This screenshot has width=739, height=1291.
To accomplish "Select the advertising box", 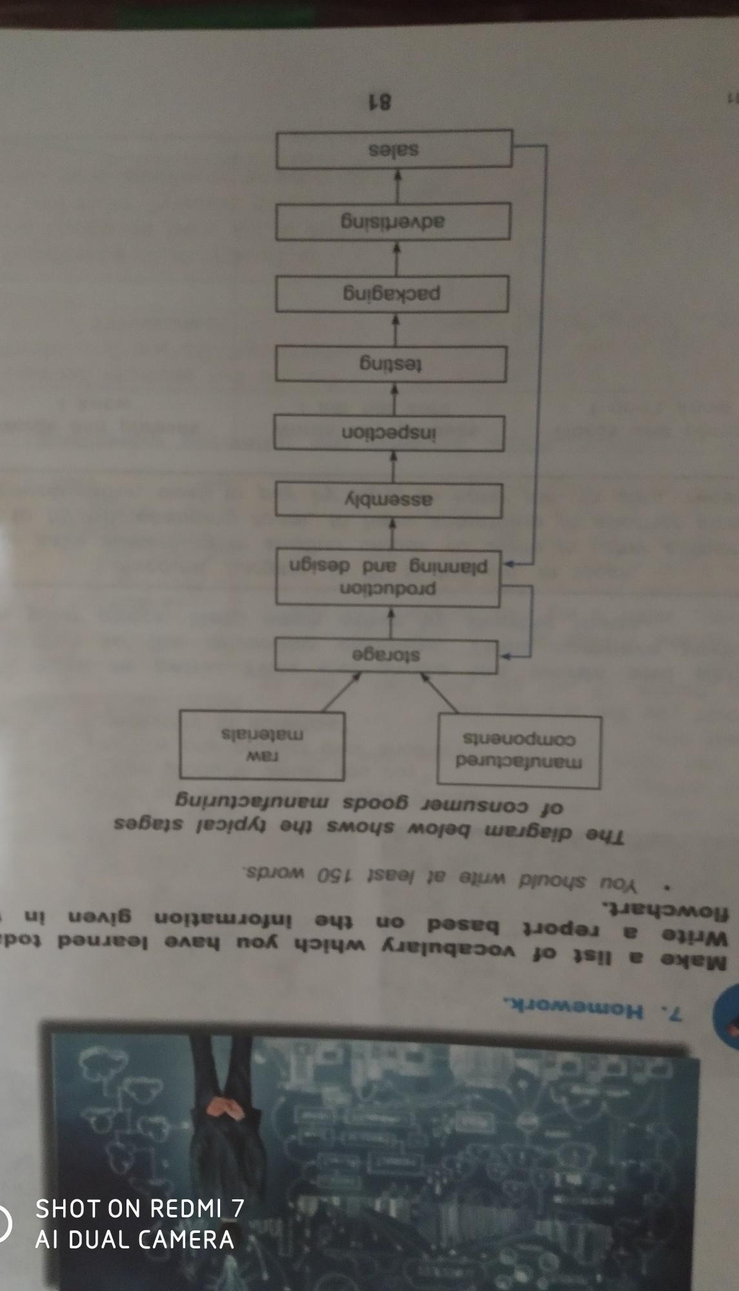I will click(x=394, y=222).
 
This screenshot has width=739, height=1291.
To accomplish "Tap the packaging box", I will click(x=392, y=294).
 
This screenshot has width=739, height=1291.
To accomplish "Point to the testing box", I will click(x=390, y=364).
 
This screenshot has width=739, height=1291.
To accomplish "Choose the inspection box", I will click(x=389, y=433).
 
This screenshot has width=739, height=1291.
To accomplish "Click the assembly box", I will click(x=389, y=500).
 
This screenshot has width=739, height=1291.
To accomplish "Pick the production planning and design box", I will click(x=389, y=577).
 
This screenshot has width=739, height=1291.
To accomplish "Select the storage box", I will click(x=386, y=655).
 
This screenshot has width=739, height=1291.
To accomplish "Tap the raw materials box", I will click(x=261, y=744).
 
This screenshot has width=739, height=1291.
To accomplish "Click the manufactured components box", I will click(x=520, y=751).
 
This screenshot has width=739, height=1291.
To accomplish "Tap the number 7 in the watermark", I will click(x=237, y=1208).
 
